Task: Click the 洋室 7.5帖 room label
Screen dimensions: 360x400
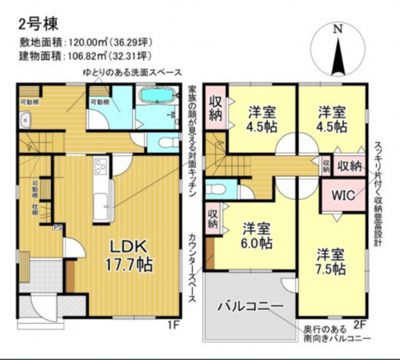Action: [x=330, y=262]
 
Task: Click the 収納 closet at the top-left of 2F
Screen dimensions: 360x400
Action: [x=216, y=107]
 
